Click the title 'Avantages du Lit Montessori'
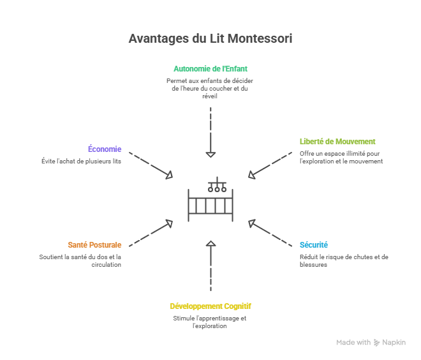tap(211, 39)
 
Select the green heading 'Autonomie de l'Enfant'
tap(211, 68)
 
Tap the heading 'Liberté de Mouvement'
tap(337, 142)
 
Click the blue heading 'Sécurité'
tap(314, 245)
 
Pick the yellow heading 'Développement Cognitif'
tap(211, 306)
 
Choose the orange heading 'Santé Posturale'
tap(94, 245)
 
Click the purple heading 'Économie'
tap(105, 149)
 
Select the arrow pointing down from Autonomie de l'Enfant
tap(211, 133)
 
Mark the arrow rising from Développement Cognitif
tap(211, 265)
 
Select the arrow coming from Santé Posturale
tap(151, 232)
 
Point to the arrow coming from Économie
tap(151, 165)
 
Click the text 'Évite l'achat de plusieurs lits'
tap(81, 161)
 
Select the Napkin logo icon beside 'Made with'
tap(377, 343)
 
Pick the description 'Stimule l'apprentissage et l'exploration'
tap(210, 322)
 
